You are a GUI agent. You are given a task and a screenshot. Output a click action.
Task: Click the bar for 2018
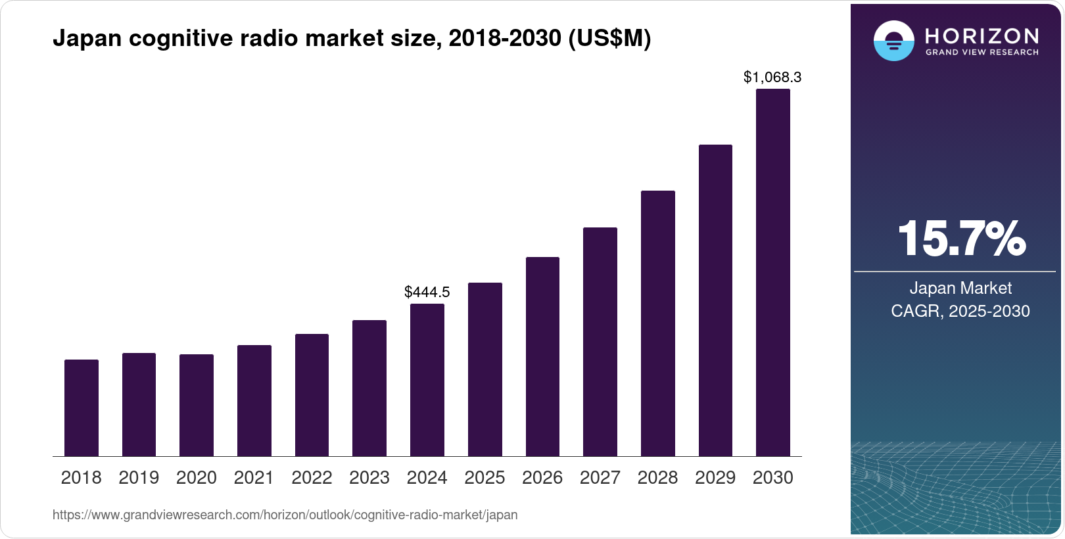(x=82, y=408)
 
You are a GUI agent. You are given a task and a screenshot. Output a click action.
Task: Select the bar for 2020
(x=197, y=405)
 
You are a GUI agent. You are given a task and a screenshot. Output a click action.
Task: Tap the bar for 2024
(x=427, y=380)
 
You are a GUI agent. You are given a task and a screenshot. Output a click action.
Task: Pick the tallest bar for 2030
(x=772, y=273)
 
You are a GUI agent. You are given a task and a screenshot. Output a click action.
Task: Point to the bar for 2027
(x=600, y=342)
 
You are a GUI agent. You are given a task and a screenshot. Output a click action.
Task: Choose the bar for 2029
(x=715, y=300)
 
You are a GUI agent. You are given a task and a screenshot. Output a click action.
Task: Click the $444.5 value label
(x=427, y=292)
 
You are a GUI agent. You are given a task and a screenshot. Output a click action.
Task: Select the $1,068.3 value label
(x=772, y=78)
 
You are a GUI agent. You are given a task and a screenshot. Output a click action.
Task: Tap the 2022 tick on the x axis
(x=312, y=478)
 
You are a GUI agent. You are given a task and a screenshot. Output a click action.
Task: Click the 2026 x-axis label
(x=542, y=478)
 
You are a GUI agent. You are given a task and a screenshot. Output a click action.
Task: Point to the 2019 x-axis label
(x=139, y=478)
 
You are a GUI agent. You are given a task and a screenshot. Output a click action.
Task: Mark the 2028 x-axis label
(x=657, y=478)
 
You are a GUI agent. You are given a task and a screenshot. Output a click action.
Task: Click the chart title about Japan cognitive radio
(x=352, y=39)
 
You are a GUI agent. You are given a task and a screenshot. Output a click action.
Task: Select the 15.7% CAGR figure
(x=960, y=239)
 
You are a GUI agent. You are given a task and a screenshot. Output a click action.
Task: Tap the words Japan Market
(x=960, y=288)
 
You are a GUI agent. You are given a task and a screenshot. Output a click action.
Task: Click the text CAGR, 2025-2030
(x=960, y=311)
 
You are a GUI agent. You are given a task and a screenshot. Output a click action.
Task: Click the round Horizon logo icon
(x=893, y=41)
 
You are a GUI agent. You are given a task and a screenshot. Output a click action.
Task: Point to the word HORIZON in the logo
(x=982, y=35)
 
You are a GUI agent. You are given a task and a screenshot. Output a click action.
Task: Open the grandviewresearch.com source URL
(x=285, y=515)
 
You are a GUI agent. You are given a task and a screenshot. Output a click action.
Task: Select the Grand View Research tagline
(x=982, y=53)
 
